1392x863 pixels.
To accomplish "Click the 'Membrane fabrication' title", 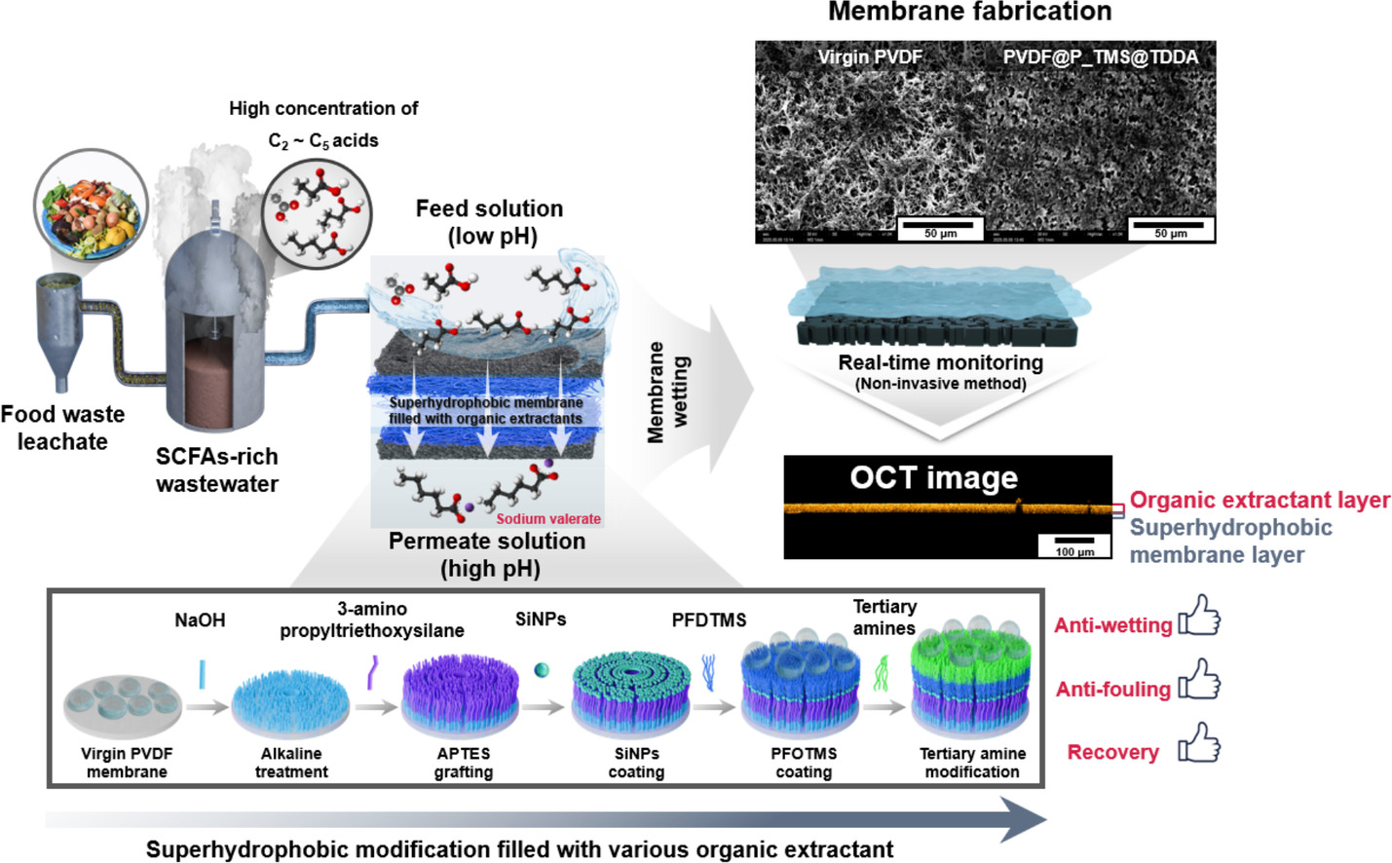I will coord(969,13).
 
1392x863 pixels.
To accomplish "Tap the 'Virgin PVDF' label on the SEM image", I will coord(870,57).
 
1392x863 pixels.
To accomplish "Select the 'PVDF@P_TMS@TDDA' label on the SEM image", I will coord(1101,57).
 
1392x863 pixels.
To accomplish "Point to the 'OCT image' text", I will coord(933,478).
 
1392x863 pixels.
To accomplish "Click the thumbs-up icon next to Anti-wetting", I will coord(1199,617).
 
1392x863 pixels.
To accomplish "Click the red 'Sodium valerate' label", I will coord(548,519).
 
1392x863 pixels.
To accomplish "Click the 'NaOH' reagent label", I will coord(200,620).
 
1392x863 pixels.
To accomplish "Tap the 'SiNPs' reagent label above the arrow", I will coord(541,619).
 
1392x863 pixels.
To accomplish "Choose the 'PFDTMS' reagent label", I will coord(709,620).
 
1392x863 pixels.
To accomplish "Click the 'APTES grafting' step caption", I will coord(464,763).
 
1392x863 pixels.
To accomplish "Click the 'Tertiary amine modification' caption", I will coord(972,763).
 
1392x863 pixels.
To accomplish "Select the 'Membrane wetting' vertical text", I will coord(668,392).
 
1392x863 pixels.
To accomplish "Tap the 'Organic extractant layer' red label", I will coord(1260,501).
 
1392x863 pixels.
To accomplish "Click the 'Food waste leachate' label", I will coord(62,428).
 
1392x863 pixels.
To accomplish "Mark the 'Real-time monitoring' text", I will coord(940,363).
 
